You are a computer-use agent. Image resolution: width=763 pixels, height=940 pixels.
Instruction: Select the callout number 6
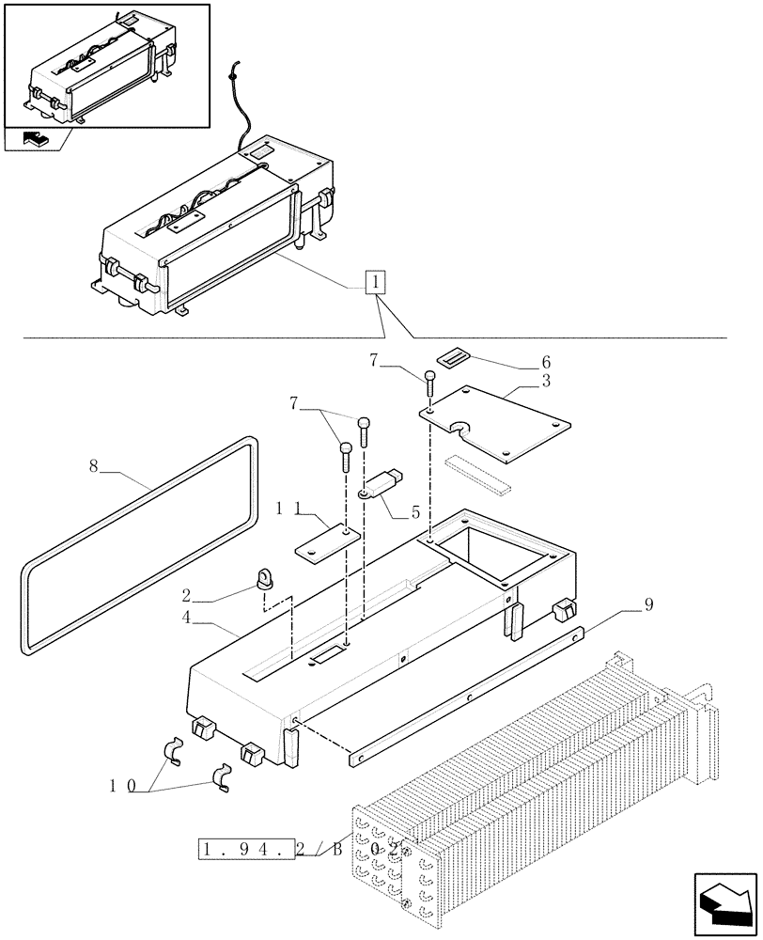point(546,362)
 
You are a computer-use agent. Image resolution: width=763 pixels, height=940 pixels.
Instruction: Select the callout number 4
point(188,619)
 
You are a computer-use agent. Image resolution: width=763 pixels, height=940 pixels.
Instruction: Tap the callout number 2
point(187,594)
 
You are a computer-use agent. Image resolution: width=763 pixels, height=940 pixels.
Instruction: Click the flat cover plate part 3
point(496,426)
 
